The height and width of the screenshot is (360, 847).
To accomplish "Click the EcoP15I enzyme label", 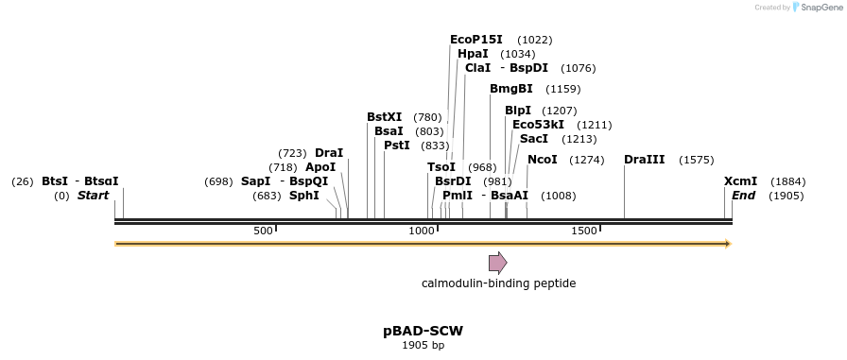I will pyautogui.click(x=475, y=40).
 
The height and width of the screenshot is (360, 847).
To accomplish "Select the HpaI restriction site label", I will pyautogui.click(x=473, y=54).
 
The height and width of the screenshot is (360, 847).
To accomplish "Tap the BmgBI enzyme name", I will pyautogui.click(x=510, y=89).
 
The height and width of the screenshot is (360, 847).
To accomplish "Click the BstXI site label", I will pyautogui.click(x=384, y=117).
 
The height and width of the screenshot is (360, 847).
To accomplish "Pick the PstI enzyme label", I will pyautogui.click(x=396, y=146).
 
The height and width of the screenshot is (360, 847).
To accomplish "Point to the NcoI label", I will pyautogui.click(x=542, y=160).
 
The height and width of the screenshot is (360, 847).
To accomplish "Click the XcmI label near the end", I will pyautogui.click(x=740, y=181).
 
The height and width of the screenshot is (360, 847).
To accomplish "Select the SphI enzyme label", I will pyautogui.click(x=303, y=196).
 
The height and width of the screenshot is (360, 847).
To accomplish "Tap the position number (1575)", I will pyautogui.click(x=696, y=160).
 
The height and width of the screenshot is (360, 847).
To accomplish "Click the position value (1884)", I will pyautogui.click(x=787, y=181).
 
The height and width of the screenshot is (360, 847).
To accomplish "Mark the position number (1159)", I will pyautogui.click(x=562, y=89).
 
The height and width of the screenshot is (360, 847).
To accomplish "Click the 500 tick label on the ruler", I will pyautogui.click(x=263, y=231).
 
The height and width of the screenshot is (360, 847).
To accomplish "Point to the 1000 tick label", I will pyautogui.click(x=421, y=231).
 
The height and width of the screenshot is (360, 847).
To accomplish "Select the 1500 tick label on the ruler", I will pyautogui.click(x=584, y=231).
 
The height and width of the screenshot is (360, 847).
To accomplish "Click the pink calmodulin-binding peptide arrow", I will pyautogui.click(x=497, y=262).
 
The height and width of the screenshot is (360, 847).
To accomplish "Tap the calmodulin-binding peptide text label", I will pyautogui.click(x=498, y=283).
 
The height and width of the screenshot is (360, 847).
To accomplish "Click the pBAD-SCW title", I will pyautogui.click(x=423, y=331).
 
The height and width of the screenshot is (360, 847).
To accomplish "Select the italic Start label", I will pyautogui.click(x=93, y=196).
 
